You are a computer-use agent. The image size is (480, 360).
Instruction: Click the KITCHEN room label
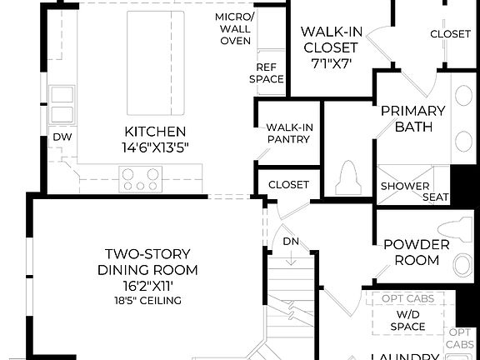(x=155, y=132)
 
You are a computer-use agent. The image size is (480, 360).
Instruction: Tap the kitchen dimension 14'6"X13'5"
(x=155, y=148)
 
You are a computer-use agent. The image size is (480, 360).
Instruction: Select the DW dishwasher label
(x=62, y=137)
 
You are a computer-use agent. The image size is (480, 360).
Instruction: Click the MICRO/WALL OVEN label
(x=234, y=29)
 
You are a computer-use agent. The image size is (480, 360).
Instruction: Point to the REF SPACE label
(x=268, y=73)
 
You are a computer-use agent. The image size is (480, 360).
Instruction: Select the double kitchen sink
(x=62, y=104)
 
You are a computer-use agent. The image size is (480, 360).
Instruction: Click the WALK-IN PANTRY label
(x=287, y=133)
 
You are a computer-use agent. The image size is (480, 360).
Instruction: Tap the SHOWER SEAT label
(x=413, y=192)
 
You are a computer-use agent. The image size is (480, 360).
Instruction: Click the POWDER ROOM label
(x=416, y=252)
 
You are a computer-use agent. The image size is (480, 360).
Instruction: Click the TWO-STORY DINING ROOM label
(x=147, y=262)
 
